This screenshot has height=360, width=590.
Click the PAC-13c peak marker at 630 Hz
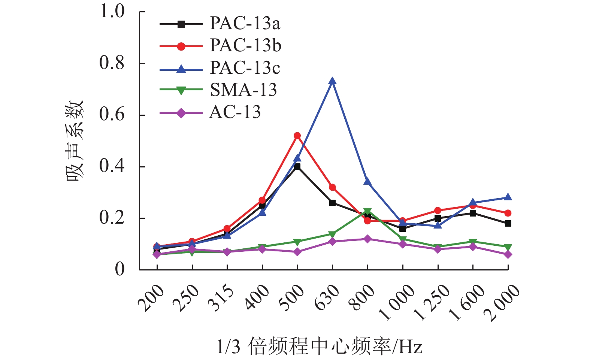tap(332, 81)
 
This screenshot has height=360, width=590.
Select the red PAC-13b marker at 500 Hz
tap(297, 136)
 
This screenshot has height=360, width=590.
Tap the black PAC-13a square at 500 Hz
tap(297, 167)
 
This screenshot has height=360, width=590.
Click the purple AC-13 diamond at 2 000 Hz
tap(508, 254)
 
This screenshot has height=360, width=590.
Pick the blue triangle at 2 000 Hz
tap(508, 197)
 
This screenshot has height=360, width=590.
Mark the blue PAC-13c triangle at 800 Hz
tap(367, 182)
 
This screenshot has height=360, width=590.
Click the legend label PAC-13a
tap(245, 24)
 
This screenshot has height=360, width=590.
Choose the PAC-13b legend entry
tap(245, 46)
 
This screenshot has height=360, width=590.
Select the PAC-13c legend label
tap(245, 68)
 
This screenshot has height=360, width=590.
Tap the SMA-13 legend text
tap(243, 90)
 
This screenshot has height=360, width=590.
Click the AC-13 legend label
tap(235, 112)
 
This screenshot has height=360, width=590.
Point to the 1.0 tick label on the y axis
tap(112, 12)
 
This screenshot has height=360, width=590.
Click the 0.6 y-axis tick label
tap(112, 115)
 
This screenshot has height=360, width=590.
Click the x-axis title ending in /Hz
tap(319, 347)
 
